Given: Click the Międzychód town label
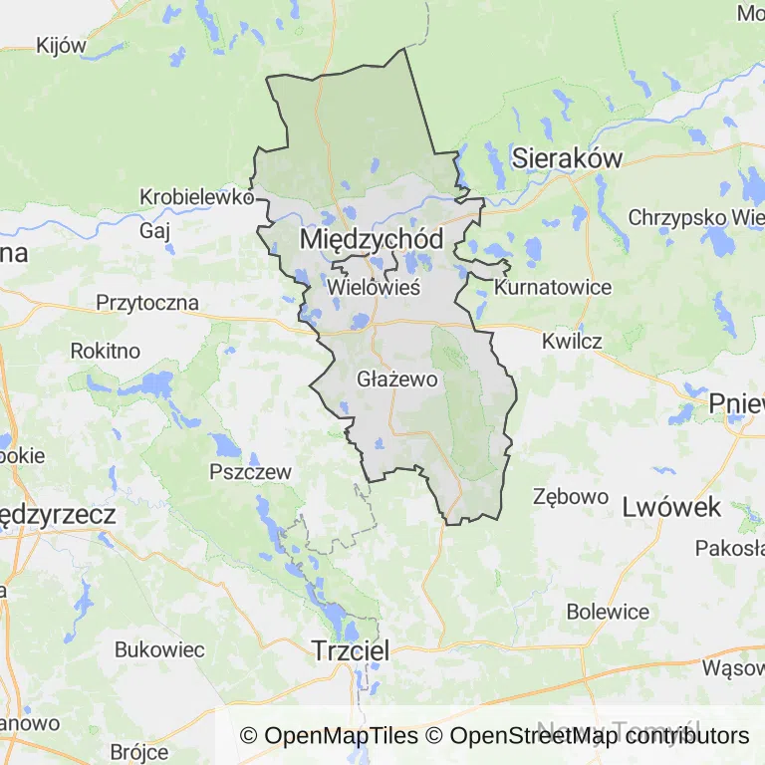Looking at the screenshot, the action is [x=371, y=239].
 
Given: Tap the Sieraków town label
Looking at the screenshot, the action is [x=567, y=157].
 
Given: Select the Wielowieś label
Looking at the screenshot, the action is [x=374, y=287].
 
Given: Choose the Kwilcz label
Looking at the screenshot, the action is [x=572, y=341].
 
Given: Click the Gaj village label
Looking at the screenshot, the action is [x=155, y=230].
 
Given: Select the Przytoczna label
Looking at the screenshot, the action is [x=147, y=302].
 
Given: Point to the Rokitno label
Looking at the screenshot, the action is [x=105, y=351].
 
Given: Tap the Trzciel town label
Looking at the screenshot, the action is [x=350, y=649].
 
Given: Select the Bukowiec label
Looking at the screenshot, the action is [x=159, y=649].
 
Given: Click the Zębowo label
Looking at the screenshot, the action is [x=571, y=496].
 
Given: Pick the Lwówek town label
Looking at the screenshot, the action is [x=670, y=506].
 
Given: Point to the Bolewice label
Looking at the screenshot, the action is [x=608, y=612].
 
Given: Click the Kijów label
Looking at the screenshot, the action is [x=62, y=45].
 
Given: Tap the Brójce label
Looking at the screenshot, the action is [x=139, y=752].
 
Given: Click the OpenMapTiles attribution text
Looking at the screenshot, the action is [x=330, y=736].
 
